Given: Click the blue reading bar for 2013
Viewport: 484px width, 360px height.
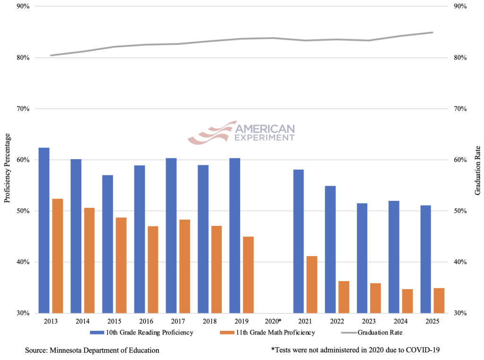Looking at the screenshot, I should [x=44, y=230].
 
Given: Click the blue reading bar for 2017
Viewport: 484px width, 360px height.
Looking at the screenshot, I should [x=171, y=235].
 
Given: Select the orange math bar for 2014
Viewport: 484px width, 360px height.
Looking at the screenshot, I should [x=89, y=260].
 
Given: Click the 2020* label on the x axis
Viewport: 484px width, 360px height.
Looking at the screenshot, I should [x=273, y=321].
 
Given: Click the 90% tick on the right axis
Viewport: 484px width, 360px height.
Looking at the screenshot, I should [x=461, y=7].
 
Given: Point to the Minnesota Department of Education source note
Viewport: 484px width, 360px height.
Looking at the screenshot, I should [x=92, y=350].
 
